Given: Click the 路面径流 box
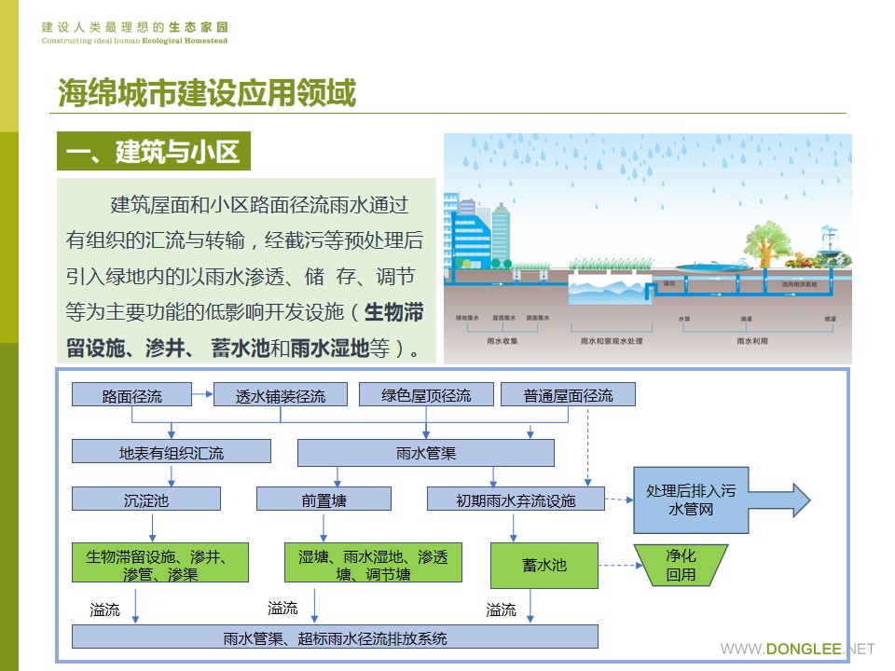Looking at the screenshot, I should tap(131, 395).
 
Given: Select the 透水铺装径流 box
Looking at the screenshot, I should tap(281, 395).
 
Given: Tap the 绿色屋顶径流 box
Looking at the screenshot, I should tap(426, 394).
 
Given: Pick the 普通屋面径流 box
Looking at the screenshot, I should tap(569, 394).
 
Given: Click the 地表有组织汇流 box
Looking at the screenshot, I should tap(172, 453).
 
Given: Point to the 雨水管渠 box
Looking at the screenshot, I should tap(425, 454).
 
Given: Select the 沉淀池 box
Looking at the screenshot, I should tap(146, 500).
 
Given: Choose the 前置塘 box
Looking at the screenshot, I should tap(324, 500).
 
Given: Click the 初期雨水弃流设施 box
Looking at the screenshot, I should tap(516, 500).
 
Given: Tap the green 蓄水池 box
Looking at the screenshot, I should tap(544, 565).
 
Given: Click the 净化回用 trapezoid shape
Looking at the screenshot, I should tap(681, 565).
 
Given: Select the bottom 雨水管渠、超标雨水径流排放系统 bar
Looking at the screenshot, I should tap(335, 638).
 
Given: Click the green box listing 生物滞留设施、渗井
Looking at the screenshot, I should tap(161, 565).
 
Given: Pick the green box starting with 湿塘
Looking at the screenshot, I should tap(373, 565).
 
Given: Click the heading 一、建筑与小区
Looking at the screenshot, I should tap(154, 152).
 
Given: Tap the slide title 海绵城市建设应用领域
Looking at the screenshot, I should tap(207, 93).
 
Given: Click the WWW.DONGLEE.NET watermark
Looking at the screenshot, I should tap(798, 649).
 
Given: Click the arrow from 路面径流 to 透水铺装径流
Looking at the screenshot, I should tap(202, 395).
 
